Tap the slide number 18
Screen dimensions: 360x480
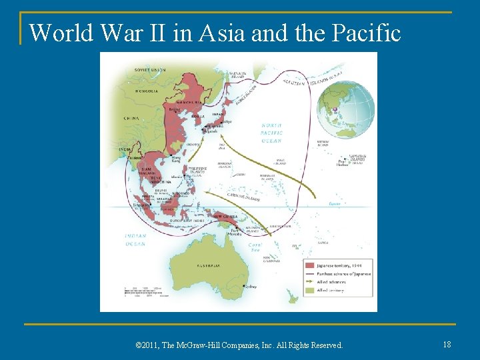coord(446,344)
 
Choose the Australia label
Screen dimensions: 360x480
coord(209,265)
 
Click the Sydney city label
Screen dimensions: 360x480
coord(251,287)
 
